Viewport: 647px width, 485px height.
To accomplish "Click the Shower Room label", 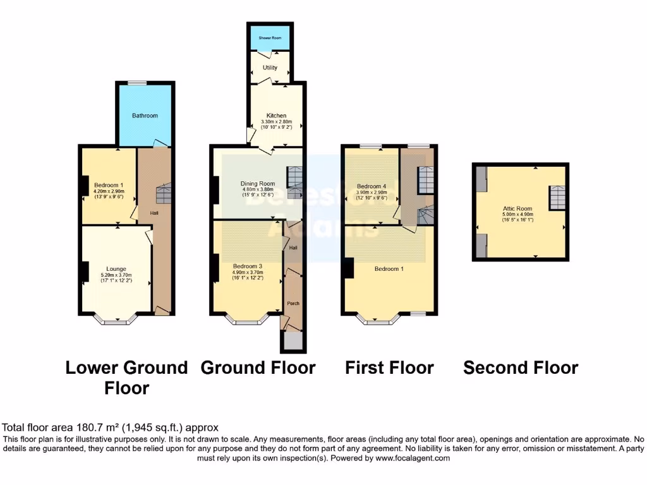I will click(x=270, y=37).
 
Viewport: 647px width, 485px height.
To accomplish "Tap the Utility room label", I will click(x=270, y=68).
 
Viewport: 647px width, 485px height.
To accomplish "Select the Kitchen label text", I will click(x=276, y=116).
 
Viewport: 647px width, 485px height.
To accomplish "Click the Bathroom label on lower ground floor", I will click(x=145, y=116).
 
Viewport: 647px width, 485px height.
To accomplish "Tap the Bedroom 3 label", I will click(x=247, y=266).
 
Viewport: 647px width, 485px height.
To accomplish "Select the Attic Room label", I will click(x=517, y=208).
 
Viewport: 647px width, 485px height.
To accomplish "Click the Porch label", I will click(x=293, y=303).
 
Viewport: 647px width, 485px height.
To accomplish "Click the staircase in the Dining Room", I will click(x=294, y=177).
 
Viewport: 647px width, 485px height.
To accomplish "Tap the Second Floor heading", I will click(x=521, y=368).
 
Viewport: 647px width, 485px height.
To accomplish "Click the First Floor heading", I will click(x=389, y=368).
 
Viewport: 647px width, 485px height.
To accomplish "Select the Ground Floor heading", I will click(x=258, y=368).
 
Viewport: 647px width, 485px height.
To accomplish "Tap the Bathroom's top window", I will click(x=138, y=83).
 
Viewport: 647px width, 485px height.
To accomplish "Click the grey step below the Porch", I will click(x=293, y=342).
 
